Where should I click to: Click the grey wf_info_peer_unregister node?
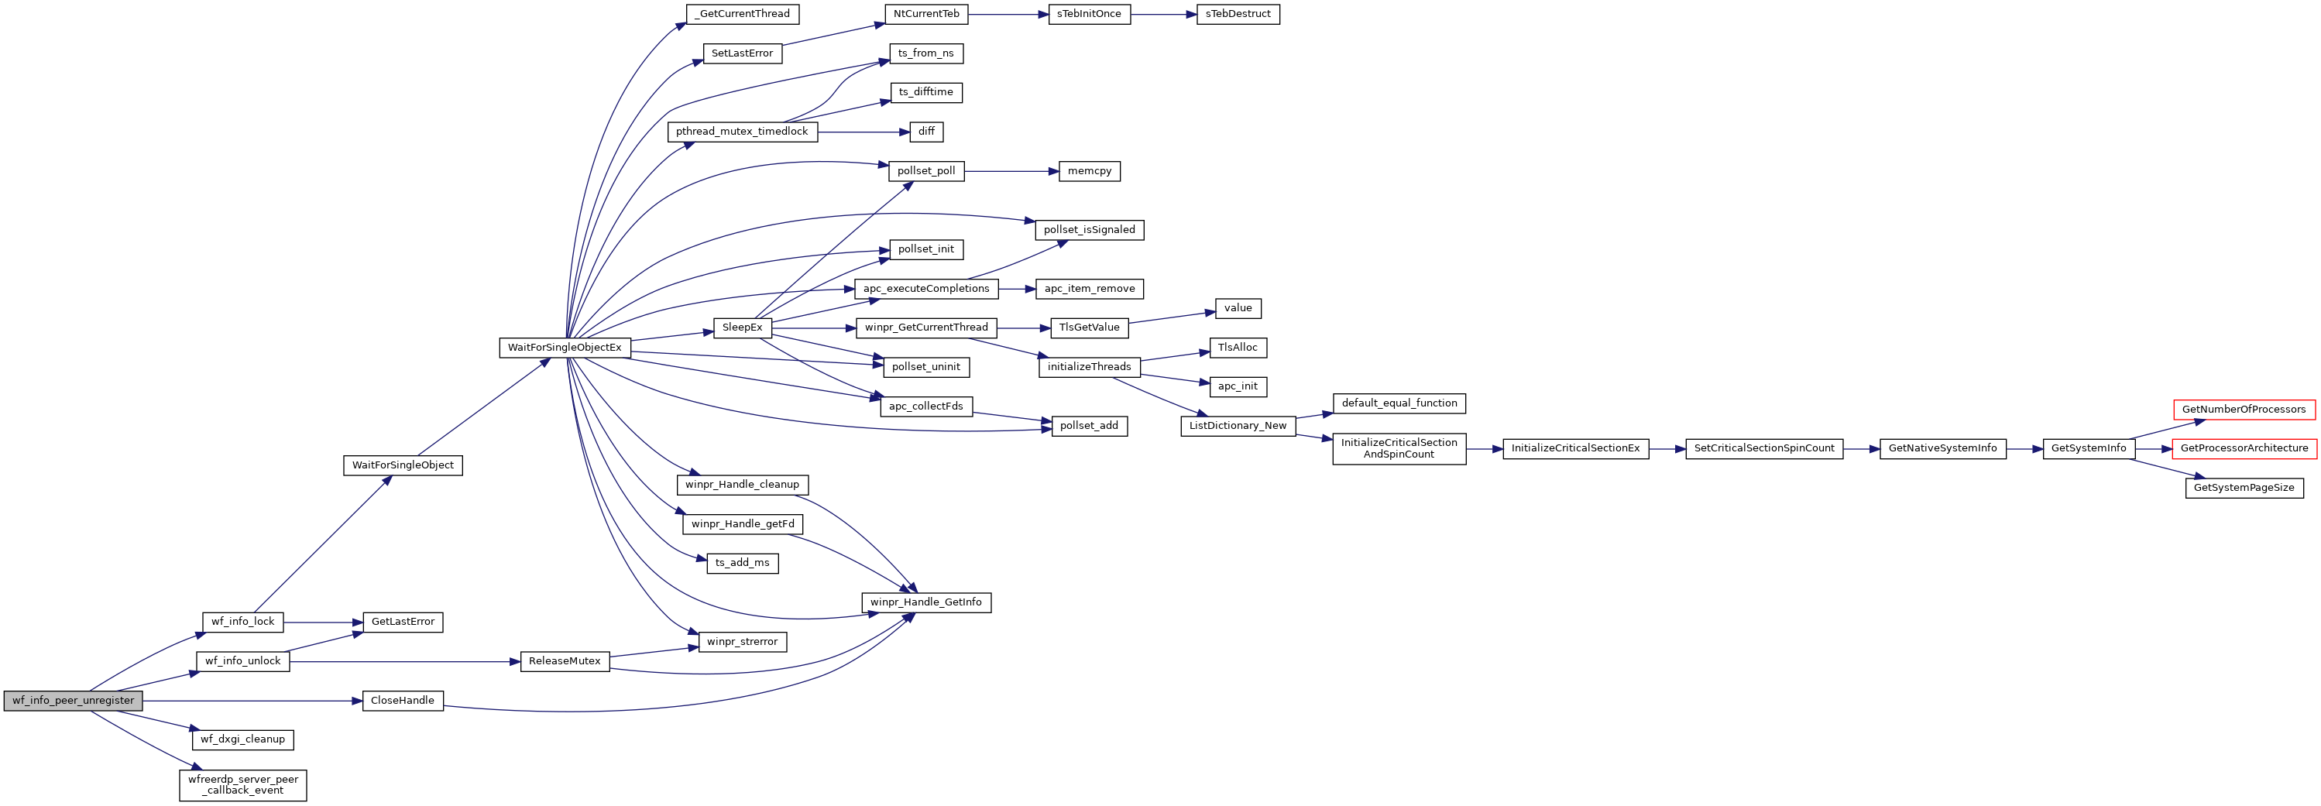pos(73,701)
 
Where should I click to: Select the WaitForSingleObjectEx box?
pos(564,348)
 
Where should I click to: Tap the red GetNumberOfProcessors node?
pos(2244,410)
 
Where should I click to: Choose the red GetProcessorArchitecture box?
pos(2244,448)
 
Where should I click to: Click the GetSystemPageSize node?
pos(2244,488)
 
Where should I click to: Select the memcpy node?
pos(1090,171)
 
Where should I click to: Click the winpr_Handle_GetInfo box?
pos(925,602)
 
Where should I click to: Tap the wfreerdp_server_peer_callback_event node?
pos(243,784)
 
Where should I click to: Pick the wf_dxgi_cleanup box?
pos(242,739)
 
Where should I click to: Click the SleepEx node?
pos(742,328)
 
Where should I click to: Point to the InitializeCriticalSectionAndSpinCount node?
pos(1399,448)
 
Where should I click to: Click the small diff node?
pos(926,132)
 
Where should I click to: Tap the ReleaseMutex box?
pos(564,661)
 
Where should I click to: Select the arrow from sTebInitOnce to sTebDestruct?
pos(1163,15)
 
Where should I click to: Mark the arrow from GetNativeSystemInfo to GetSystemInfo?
pos(2024,448)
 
